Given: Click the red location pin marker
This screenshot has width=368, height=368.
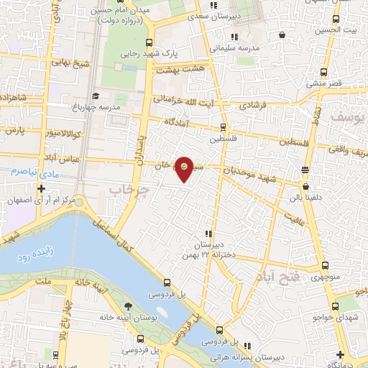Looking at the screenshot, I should pyautogui.click(x=185, y=168).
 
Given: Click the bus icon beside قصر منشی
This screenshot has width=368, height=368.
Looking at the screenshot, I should pyautogui.click(x=323, y=71).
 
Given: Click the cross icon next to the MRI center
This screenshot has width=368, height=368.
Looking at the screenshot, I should pyautogui.click(x=41, y=189).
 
